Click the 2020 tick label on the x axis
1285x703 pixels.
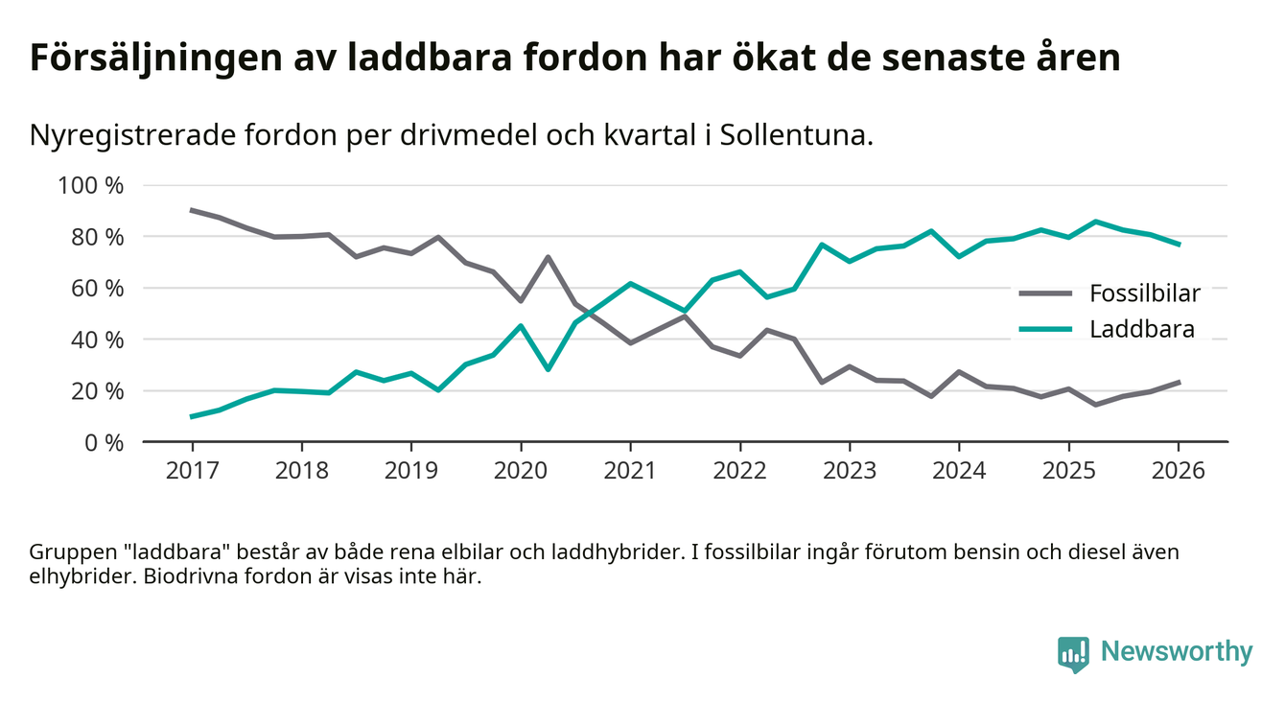tap(520, 472)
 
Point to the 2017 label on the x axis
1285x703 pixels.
tap(192, 472)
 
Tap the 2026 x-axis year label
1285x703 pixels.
tap(1178, 472)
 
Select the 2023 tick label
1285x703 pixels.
tap(849, 472)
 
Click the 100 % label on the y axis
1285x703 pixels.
tap(91, 185)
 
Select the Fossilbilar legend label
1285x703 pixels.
tap(1144, 293)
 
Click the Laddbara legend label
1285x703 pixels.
tap(1141, 330)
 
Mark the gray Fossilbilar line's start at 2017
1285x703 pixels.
tap(192, 210)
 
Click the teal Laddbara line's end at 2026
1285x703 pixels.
tap(1178, 245)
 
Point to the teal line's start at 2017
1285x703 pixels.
tap(192, 416)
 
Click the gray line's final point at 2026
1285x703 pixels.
tap(1178, 382)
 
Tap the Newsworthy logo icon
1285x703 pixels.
tap(1073, 653)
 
